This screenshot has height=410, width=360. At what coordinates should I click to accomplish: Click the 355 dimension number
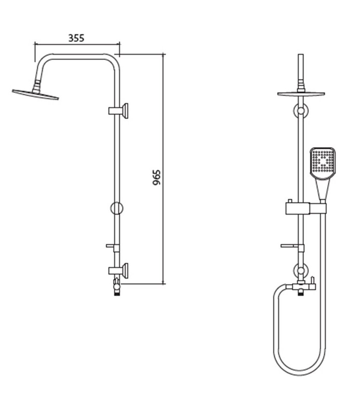click(x=76, y=38)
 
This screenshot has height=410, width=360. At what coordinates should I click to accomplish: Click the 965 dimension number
click(x=156, y=178)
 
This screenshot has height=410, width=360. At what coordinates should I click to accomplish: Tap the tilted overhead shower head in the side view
click(x=35, y=94)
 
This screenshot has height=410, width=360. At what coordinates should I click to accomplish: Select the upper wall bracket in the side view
click(x=118, y=110)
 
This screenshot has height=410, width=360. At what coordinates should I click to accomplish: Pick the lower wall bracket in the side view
click(x=118, y=270)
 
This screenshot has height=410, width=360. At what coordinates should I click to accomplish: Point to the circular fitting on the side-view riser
click(x=117, y=208)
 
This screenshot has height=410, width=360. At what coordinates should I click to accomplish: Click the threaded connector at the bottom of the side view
click(x=117, y=294)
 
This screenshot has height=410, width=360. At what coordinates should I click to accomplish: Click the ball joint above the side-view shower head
click(x=36, y=85)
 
